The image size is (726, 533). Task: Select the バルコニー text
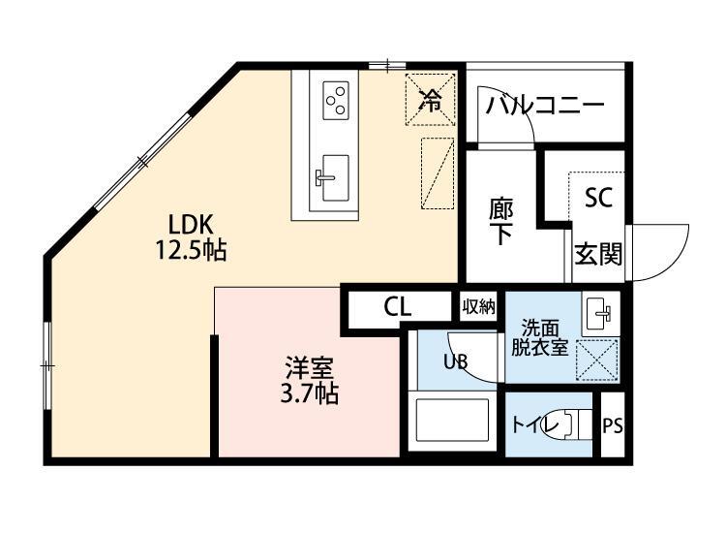(x=544, y=105)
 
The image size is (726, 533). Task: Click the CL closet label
(x=398, y=308)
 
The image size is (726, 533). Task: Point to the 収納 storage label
(x=478, y=307)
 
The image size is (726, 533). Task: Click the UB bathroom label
(x=455, y=362)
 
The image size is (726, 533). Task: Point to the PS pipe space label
(x=613, y=425)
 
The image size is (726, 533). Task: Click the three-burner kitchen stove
(x=336, y=98)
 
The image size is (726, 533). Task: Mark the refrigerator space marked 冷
(x=428, y=98)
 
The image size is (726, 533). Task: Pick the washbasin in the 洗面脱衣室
(x=599, y=312)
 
